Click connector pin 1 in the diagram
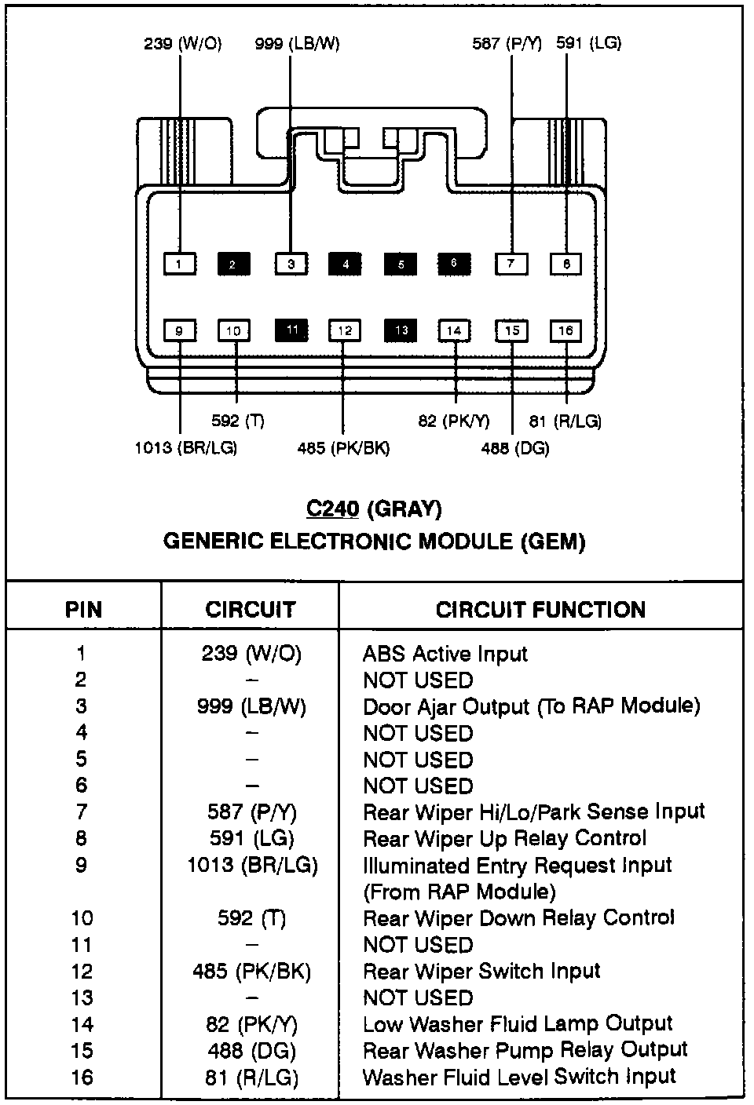180,264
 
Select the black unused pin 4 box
346,264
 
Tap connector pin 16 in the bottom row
565,330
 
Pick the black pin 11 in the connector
291,330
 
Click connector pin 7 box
511,264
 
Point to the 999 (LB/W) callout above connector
297,44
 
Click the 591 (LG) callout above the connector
588,43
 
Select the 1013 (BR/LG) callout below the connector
186,448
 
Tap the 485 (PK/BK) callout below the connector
343,448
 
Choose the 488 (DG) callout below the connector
515,448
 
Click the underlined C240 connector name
332,509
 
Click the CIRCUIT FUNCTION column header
540,610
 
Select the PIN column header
83,610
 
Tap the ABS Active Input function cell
445,654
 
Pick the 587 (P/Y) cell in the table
251,812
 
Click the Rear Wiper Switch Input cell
481,972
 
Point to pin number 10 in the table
82,918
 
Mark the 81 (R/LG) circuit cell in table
251,1078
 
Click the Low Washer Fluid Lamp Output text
518,1024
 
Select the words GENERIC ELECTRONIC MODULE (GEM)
374,542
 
